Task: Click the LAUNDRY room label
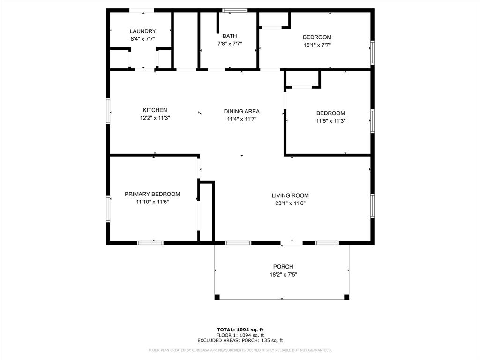(142, 31)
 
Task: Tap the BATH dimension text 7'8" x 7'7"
(230, 44)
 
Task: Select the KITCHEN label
(155, 110)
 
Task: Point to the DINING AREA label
(241, 112)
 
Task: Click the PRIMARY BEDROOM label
(152, 194)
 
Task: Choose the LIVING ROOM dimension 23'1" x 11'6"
(290, 203)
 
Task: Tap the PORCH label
(283, 267)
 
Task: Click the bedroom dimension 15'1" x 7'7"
(317, 45)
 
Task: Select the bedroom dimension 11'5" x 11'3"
(330, 121)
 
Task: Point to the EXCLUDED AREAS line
(240, 341)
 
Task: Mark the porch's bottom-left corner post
(217, 297)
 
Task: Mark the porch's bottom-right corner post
(346, 297)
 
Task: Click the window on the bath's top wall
(235, 10)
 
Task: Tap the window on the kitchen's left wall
(108, 111)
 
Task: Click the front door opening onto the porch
(292, 243)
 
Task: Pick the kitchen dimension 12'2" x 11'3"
(155, 118)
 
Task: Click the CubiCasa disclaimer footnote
(240, 350)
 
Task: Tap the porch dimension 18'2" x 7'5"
(283, 275)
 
